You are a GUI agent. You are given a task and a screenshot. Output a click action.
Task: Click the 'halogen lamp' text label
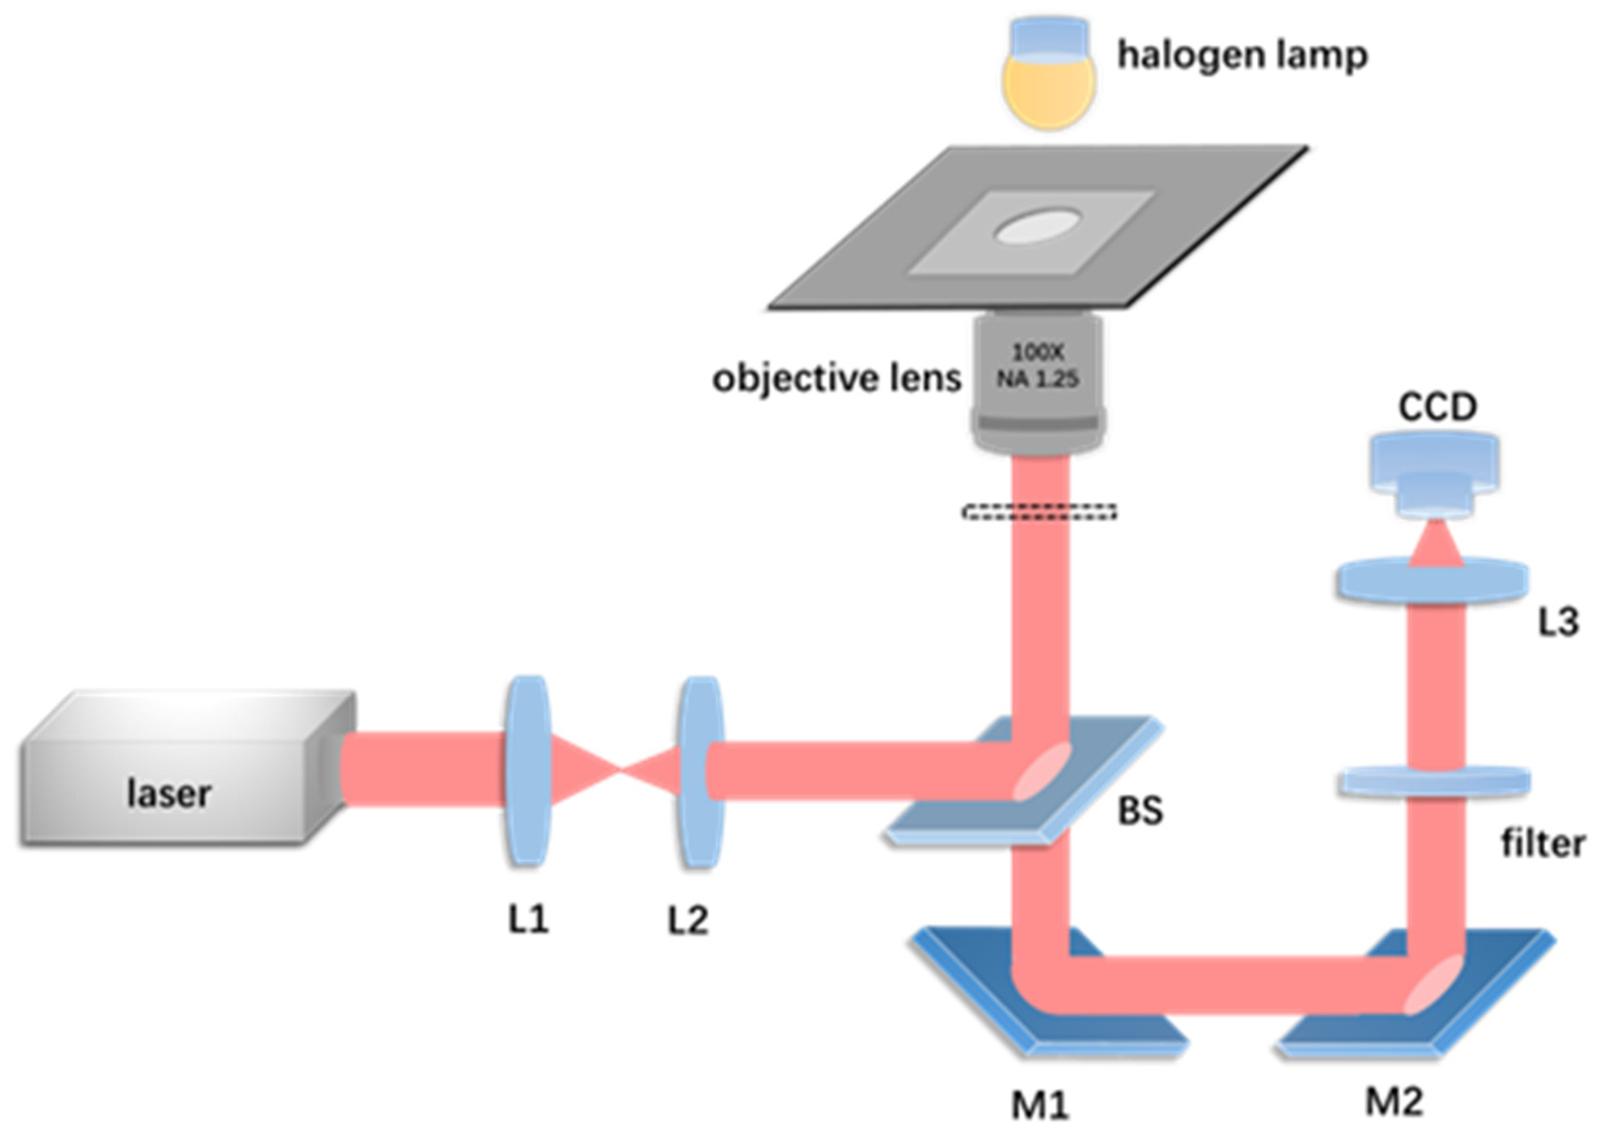pos(1242,55)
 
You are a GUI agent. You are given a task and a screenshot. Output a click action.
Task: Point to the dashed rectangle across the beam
pos(1039,512)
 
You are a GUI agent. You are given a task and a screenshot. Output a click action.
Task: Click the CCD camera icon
pos(1435,474)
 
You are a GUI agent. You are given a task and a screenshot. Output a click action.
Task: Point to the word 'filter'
pos(1542,843)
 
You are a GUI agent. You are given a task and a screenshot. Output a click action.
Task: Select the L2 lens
pos(700,772)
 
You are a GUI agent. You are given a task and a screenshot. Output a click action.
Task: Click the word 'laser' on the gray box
pos(168,794)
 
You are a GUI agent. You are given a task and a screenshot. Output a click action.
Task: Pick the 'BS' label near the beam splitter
pos(1140,810)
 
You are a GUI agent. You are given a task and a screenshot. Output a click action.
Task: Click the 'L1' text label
pos(528,919)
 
